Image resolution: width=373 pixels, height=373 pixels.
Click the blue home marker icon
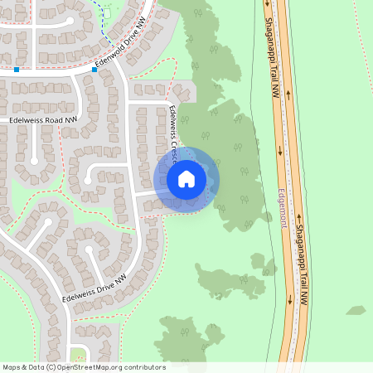[x=186, y=179]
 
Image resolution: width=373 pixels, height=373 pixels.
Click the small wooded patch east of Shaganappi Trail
[x=356, y=311]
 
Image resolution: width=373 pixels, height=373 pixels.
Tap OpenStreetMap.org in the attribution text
[x=93, y=367]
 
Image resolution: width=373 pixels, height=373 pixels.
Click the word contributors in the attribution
[x=144, y=367]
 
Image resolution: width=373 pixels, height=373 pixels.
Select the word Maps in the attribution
[x=12, y=367]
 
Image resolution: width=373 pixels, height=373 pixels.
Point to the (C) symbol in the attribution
[x=51, y=367]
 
